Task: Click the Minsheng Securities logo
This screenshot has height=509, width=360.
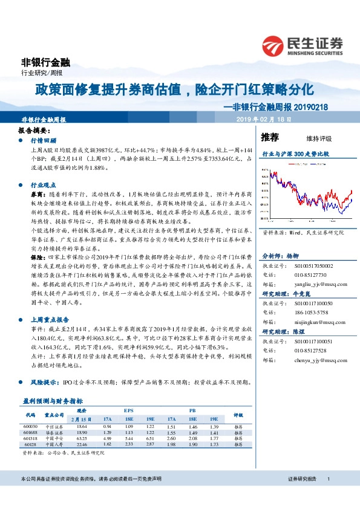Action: point(302,45)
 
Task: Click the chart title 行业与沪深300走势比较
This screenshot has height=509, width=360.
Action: point(295,154)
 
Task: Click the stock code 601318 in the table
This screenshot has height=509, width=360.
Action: point(31,436)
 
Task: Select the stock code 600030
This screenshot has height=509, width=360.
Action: point(31,425)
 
